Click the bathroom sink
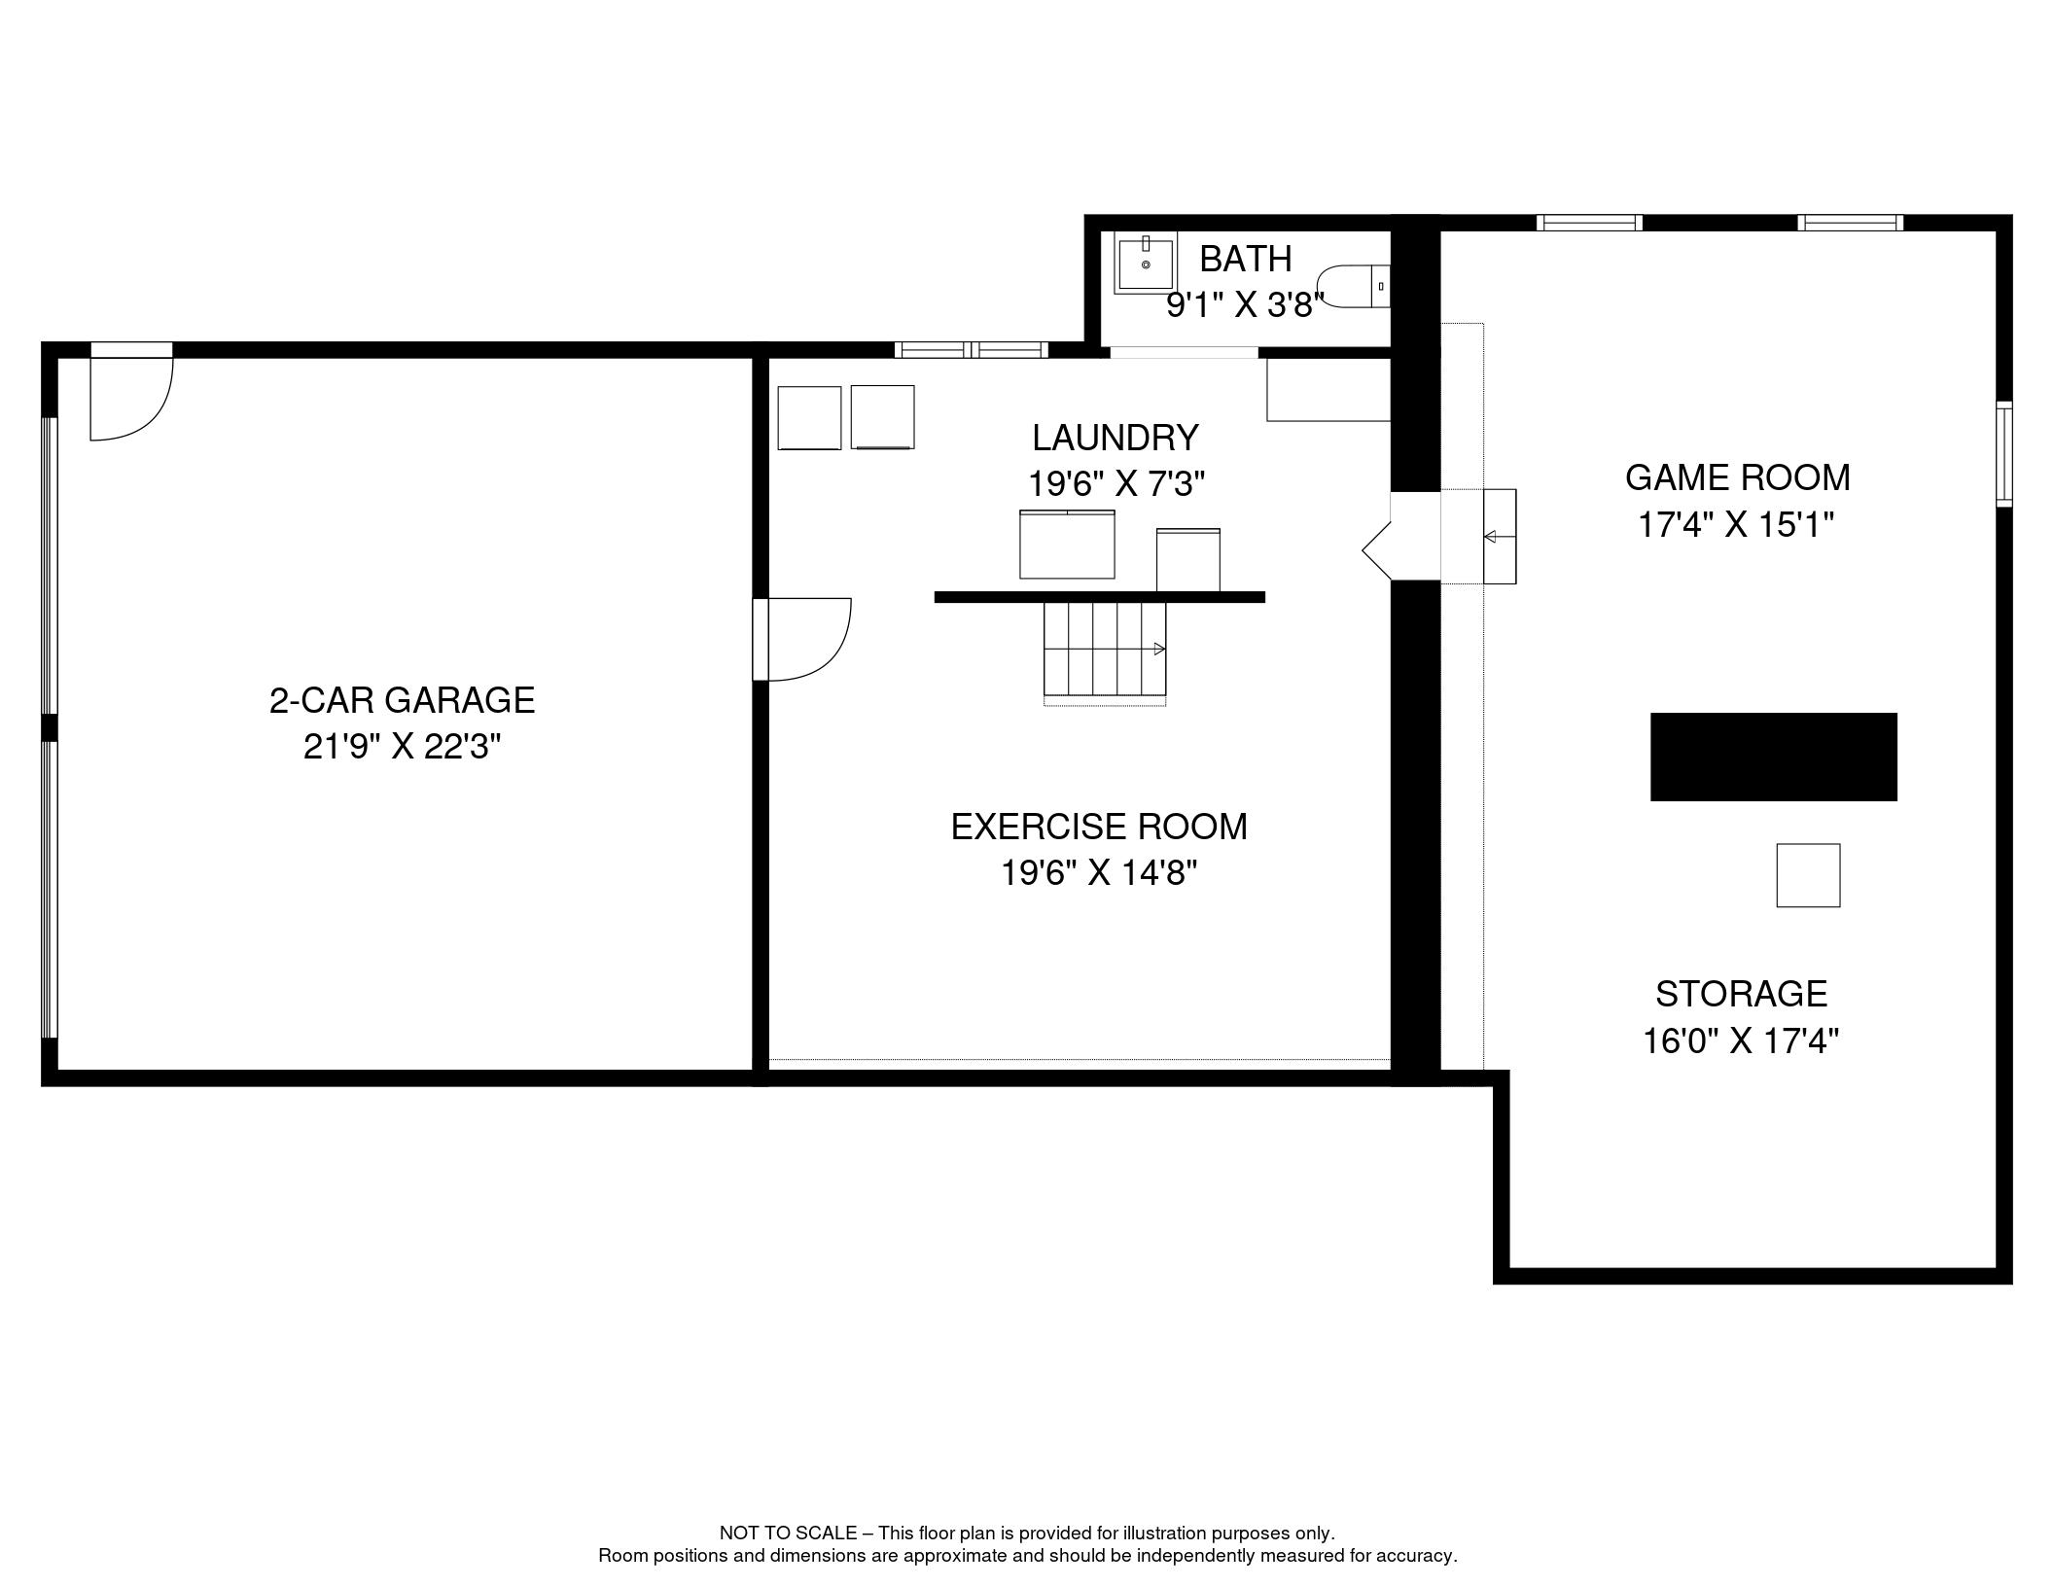pos(1146,261)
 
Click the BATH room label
pos(1245,259)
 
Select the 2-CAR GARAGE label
pos(402,700)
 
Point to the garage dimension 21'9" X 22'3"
pos(402,747)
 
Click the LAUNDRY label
pos(1115,438)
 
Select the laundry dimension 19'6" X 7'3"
pos(1116,483)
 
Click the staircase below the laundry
pos(1105,650)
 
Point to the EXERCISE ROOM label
pos(1099,827)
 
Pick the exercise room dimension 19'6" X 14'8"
pos(1099,873)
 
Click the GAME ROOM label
pos(1737,477)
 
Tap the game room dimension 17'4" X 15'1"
pos(1736,525)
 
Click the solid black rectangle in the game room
pos(1773,757)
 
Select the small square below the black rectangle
pos(1808,875)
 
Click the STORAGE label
pos(1741,994)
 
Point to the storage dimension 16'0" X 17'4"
pos(1741,1041)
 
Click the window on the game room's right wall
pos(2004,454)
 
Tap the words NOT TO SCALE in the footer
pos(788,1534)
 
